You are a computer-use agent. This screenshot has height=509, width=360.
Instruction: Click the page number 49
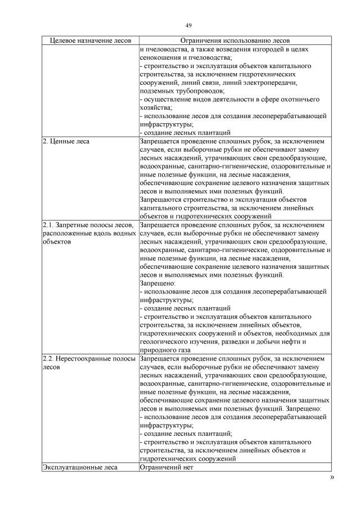188,25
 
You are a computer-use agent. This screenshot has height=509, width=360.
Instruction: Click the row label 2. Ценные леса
66,142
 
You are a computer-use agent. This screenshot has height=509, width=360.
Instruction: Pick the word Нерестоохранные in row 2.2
83,358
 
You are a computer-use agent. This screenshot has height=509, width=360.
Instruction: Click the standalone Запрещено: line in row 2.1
157,283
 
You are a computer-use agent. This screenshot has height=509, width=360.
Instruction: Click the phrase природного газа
166,350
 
